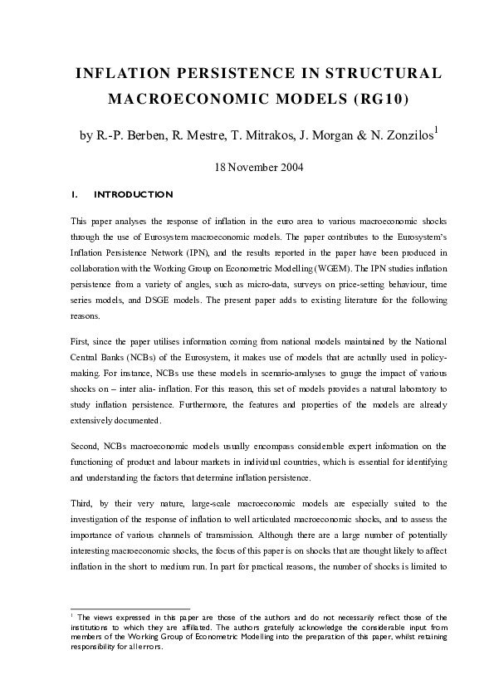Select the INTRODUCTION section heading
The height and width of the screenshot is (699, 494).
134,195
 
